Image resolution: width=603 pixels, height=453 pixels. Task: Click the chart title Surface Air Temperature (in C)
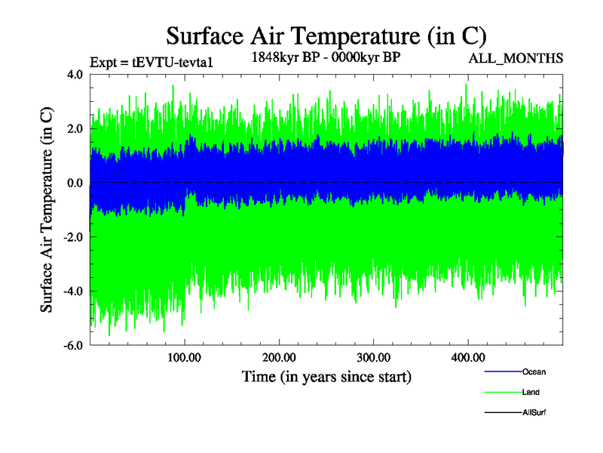click(326, 35)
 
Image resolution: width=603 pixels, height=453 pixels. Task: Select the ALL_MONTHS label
click(516, 57)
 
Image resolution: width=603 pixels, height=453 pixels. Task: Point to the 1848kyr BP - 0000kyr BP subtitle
click(325, 56)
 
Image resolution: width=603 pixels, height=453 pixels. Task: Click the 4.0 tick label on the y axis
click(75, 75)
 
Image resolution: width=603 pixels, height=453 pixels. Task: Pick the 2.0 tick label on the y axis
click(75, 129)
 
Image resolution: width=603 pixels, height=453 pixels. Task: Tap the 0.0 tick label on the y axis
click(75, 183)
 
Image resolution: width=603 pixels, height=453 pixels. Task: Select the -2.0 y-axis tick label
click(73, 237)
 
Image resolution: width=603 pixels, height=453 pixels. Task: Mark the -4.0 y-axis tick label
click(73, 291)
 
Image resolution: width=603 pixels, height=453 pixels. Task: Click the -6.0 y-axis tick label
click(73, 346)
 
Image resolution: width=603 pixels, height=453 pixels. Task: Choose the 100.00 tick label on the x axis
click(184, 357)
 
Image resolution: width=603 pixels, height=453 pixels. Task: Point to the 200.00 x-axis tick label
click(279, 357)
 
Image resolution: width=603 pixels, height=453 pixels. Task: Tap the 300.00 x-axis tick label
click(373, 357)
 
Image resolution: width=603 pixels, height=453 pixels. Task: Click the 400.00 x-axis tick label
click(467, 357)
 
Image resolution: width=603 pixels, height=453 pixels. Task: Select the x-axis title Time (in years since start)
click(326, 376)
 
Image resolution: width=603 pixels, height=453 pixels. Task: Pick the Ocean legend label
click(534, 372)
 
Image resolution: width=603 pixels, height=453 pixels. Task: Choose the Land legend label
click(531, 393)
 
